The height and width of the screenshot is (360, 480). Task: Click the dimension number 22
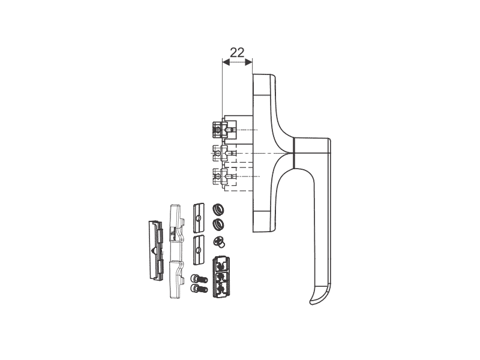click(237, 53)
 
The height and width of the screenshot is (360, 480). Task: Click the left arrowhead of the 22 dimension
click(226, 62)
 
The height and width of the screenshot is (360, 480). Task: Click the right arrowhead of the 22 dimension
click(248, 62)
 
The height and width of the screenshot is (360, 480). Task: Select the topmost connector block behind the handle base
click(224, 129)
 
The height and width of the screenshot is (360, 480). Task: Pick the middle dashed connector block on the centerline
click(224, 153)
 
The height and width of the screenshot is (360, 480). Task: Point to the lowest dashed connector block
click(224, 176)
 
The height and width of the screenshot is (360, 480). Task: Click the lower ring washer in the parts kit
click(218, 224)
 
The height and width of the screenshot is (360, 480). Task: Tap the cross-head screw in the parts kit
click(219, 241)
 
